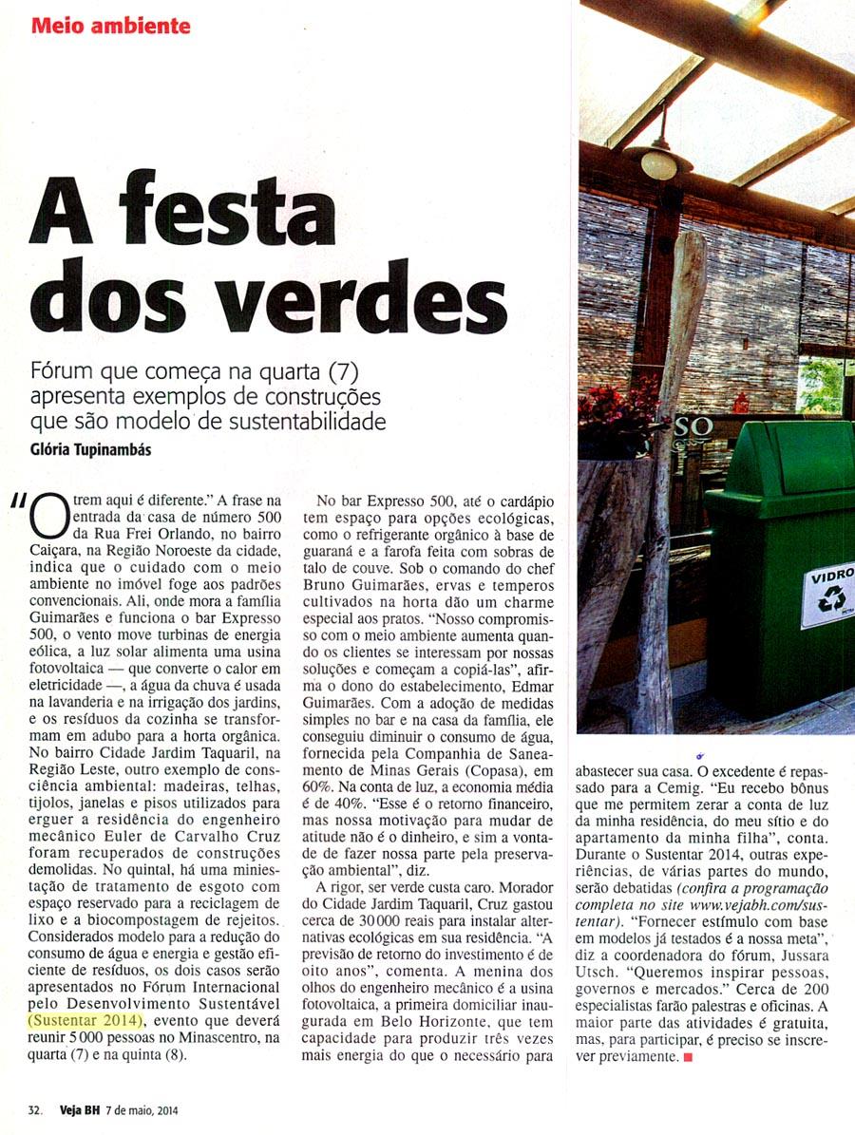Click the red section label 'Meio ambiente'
tap(110, 26)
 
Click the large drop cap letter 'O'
tap(48, 518)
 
